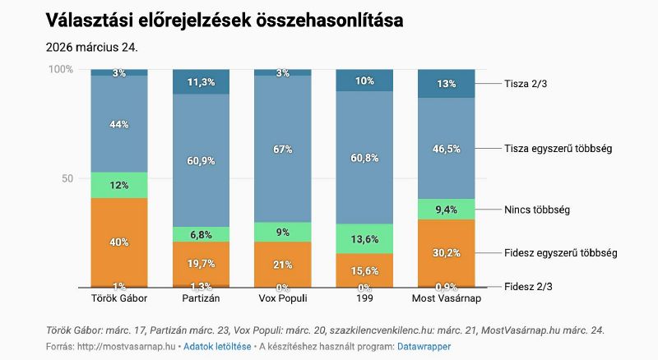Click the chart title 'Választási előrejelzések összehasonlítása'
pyautogui.click(x=224, y=21)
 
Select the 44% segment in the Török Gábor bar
pyautogui.click(x=119, y=124)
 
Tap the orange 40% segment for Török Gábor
pyautogui.click(x=119, y=242)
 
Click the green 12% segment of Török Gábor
pyautogui.click(x=119, y=185)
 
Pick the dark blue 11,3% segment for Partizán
pyautogui.click(x=202, y=82)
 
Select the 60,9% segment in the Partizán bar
pyautogui.click(x=202, y=160)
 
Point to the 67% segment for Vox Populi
pyautogui.click(x=283, y=149)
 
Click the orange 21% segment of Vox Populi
pyautogui.click(x=283, y=264)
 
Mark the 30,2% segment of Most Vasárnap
pyautogui.click(x=447, y=252)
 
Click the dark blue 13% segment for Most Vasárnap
pyautogui.click(x=447, y=83)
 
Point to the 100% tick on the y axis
pyautogui.click(x=61, y=70)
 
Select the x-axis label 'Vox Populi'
pyautogui.click(x=283, y=297)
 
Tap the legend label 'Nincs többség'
pyautogui.click(x=537, y=210)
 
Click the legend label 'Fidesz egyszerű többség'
pyautogui.click(x=560, y=252)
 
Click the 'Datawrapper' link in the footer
pyautogui.click(x=423, y=347)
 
